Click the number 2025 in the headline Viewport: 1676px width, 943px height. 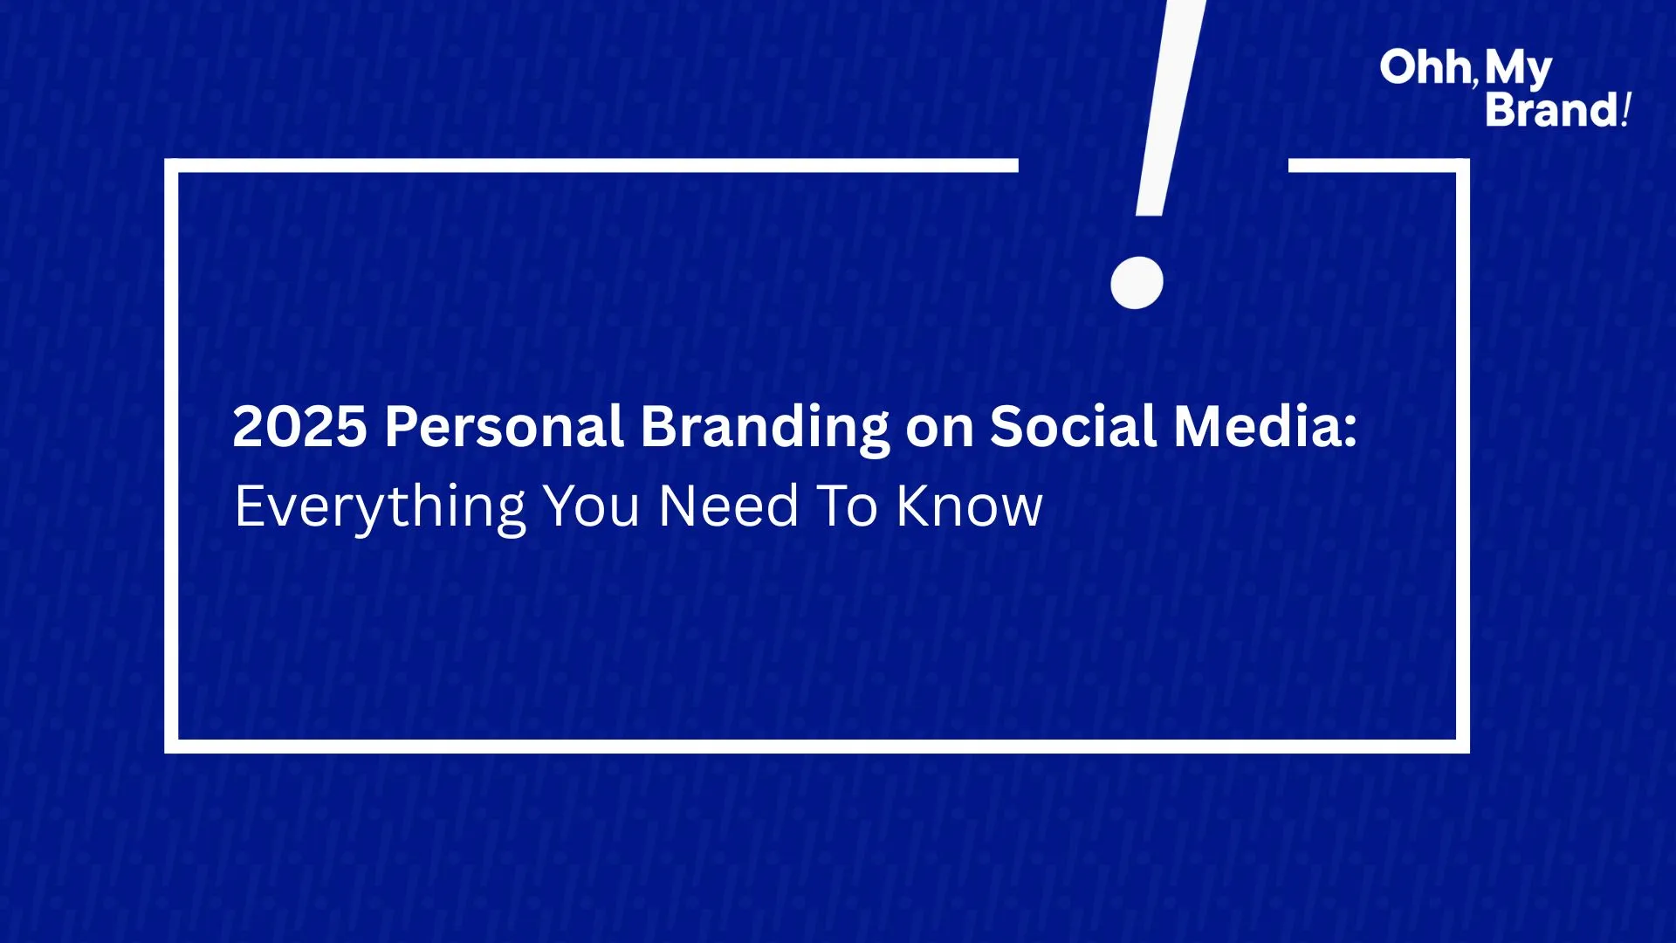coord(299,427)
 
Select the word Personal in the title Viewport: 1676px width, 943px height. coord(505,427)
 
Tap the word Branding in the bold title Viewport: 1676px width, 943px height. coord(765,429)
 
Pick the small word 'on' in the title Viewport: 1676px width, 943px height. coord(939,432)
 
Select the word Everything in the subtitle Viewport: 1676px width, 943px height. coord(381,508)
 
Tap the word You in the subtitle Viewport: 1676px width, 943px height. coord(592,506)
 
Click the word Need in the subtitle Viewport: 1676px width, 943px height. coord(729,506)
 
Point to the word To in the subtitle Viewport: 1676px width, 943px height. coord(847,506)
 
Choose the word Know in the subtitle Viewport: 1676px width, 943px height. coord(970,506)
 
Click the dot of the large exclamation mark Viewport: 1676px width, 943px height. coord(1137,283)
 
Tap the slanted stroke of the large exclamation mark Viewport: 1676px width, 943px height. coord(1170,107)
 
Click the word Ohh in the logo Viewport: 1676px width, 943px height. coord(1425,68)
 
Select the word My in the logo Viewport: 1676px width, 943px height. coord(1518,70)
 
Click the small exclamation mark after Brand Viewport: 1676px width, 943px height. coord(1626,110)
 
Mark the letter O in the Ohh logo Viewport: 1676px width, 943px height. coord(1399,68)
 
